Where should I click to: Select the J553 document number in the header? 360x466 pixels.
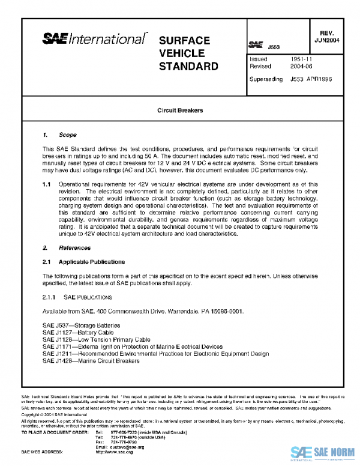pyautogui.click(x=273, y=46)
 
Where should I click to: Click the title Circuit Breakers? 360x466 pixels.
pyautogui.click(x=180, y=111)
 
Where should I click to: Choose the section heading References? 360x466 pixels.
pyautogui.click(x=74, y=247)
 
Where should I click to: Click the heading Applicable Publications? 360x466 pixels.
pyautogui.click(x=91, y=262)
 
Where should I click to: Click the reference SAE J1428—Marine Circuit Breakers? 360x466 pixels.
pyautogui.click(x=91, y=361)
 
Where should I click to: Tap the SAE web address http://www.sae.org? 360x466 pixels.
pyautogui.click(x=114, y=451)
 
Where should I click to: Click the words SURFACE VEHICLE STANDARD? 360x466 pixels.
pyautogui.click(x=188, y=53)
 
